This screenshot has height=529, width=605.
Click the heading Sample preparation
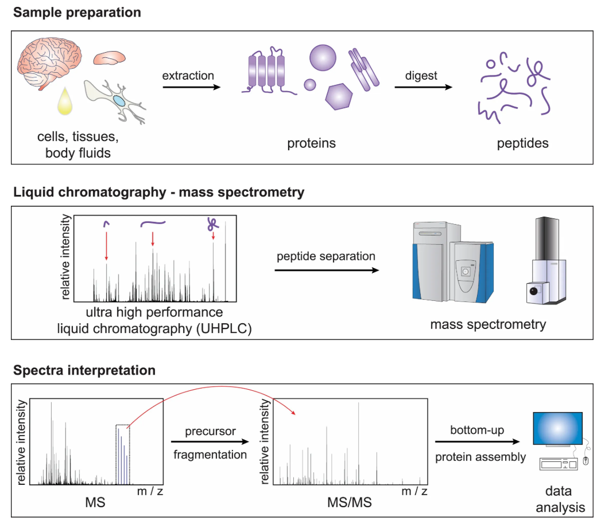coord(77,12)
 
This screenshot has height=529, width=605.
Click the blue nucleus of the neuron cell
coord(119,101)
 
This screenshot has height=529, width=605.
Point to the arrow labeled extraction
coord(191,88)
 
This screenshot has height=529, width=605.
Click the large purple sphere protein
coord(323,58)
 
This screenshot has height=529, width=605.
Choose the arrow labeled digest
coord(422,88)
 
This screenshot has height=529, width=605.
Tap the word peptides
coord(522,143)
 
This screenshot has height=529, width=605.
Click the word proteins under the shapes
coord(311,143)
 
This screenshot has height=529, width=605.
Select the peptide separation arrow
coord(327,269)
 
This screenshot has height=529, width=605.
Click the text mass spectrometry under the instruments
coord(488,325)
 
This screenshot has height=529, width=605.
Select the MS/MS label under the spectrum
coord(349,503)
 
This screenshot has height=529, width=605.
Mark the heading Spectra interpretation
coord(84,370)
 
